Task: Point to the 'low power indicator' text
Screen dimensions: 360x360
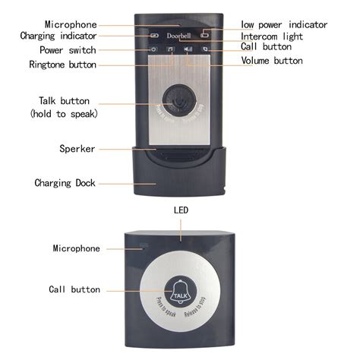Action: click(x=285, y=24)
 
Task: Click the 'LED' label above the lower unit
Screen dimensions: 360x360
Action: click(x=180, y=209)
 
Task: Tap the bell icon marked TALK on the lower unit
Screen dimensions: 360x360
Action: click(x=181, y=289)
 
